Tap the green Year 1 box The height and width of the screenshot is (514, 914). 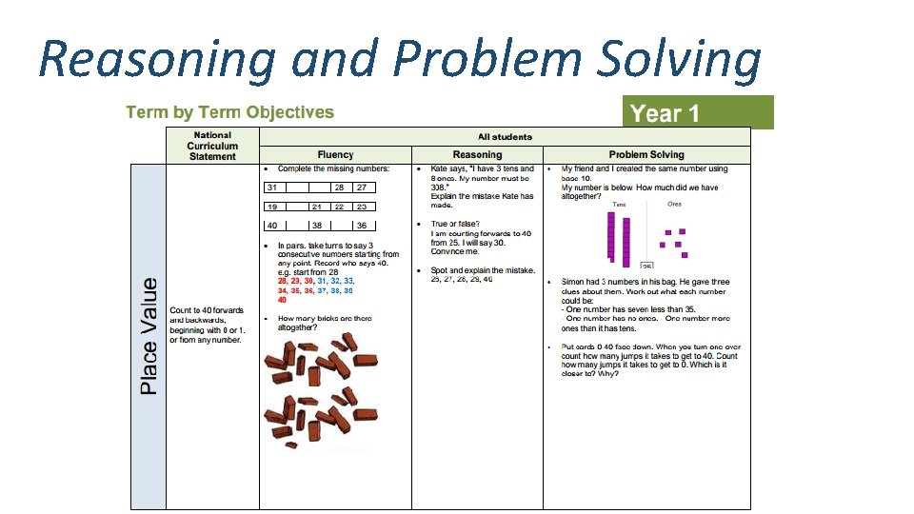[697, 113]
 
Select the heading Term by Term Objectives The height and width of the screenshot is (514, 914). [229, 112]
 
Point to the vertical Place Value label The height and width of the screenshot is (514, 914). [149, 335]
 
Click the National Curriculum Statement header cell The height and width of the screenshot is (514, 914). [212, 146]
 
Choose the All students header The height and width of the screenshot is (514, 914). [505, 137]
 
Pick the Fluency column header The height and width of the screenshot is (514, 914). [335, 155]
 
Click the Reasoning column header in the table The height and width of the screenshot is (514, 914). [477, 155]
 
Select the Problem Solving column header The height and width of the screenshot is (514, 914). [646, 155]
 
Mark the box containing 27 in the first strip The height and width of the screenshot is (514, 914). [362, 188]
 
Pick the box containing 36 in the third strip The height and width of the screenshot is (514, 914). [362, 226]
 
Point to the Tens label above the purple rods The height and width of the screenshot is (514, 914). [619, 204]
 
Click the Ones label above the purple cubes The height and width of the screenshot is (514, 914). [674, 204]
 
